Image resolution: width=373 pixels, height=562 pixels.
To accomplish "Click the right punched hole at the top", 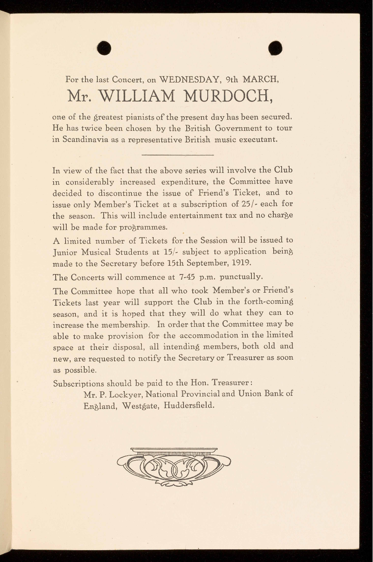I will click(275, 48).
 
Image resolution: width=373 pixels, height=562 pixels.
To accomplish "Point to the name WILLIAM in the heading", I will click(136, 96).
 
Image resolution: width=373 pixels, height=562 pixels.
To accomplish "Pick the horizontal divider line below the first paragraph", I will click(178, 155).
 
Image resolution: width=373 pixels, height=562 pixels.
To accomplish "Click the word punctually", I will click(242, 276).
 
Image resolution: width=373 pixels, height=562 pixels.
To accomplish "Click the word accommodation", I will click(209, 335).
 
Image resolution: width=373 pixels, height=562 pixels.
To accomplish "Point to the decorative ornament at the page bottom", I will click(174, 466).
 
